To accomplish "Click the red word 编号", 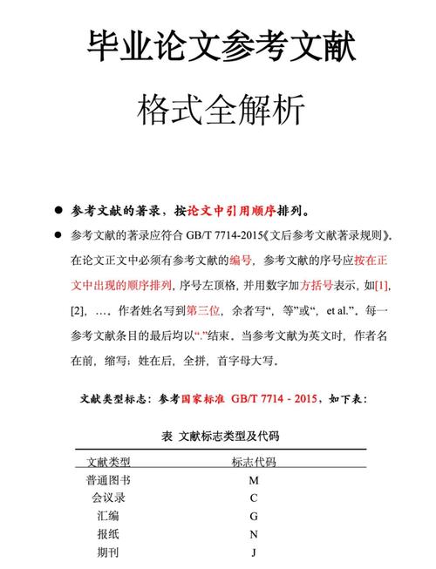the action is tap(241, 260).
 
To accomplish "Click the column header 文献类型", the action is tap(108, 462).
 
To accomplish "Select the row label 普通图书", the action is tap(108, 480).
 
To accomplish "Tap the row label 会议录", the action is tap(108, 498).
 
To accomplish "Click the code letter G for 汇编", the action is tap(254, 516).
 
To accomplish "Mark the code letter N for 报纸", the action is tap(254, 534).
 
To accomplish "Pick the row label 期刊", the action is tap(108, 552).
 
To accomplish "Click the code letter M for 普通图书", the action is tap(254, 480).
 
